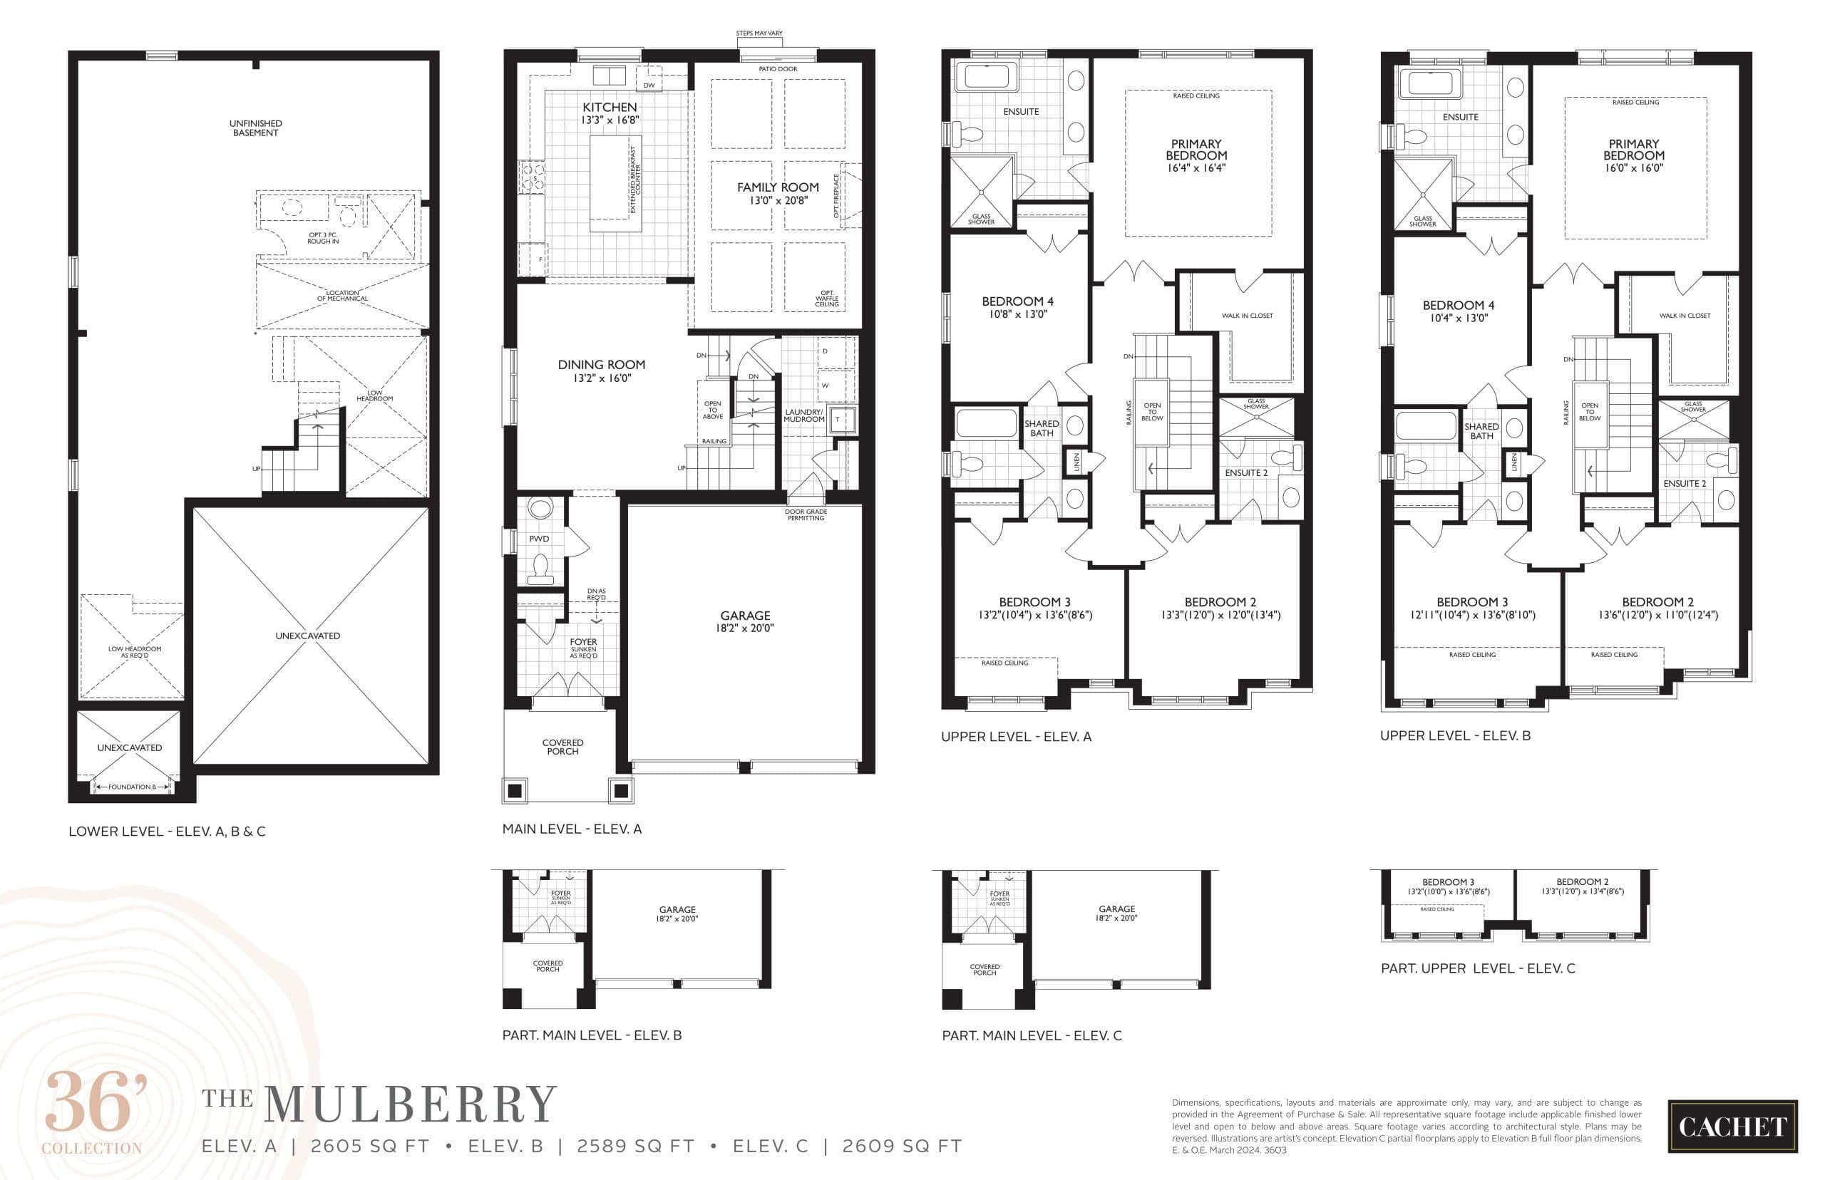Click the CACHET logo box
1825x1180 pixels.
coord(1732,1127)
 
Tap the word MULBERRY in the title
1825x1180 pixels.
coord(410,1105)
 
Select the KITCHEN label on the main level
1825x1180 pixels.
coord(610,108)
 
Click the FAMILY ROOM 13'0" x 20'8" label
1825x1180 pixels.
coord(777,193)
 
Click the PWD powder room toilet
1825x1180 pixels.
coord(540,567)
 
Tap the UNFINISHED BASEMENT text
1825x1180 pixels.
coord(255,128)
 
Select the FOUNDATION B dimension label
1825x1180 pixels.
coord(132,787)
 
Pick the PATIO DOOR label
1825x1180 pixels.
coord(777,69)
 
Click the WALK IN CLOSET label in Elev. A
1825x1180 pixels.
coord(1246,316)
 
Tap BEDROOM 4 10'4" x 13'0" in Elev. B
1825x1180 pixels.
coord(1458,311)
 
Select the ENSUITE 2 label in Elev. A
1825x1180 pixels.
coord(1245,472)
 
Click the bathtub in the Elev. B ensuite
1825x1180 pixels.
coord(1430,84)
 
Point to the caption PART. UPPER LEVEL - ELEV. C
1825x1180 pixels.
coord(1477,968)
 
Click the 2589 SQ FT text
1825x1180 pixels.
coord(635,1147)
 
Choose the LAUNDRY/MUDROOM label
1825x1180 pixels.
coord(803,415)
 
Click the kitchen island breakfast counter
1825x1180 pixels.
coord(615,184)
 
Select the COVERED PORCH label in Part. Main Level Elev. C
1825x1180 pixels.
coord(985,969)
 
